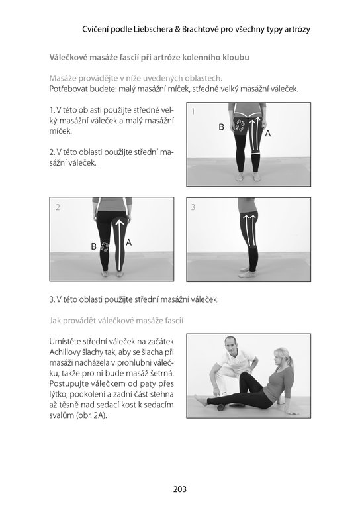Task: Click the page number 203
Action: point(180,489)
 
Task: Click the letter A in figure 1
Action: point(268,133)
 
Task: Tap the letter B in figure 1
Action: point(221,127)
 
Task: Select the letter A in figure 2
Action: point(128,242)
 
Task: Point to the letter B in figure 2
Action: point(93,246)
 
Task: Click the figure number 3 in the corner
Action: point(193,207)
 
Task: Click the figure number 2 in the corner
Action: point(58,207)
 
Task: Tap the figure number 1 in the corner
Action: point(193,111)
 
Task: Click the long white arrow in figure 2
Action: point(120,244)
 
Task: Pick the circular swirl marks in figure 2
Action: point(105,247)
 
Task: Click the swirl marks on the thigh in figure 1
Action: point(240,125)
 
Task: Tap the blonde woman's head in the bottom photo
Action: point(281,358)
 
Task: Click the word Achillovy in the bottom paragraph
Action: point(64,352)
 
